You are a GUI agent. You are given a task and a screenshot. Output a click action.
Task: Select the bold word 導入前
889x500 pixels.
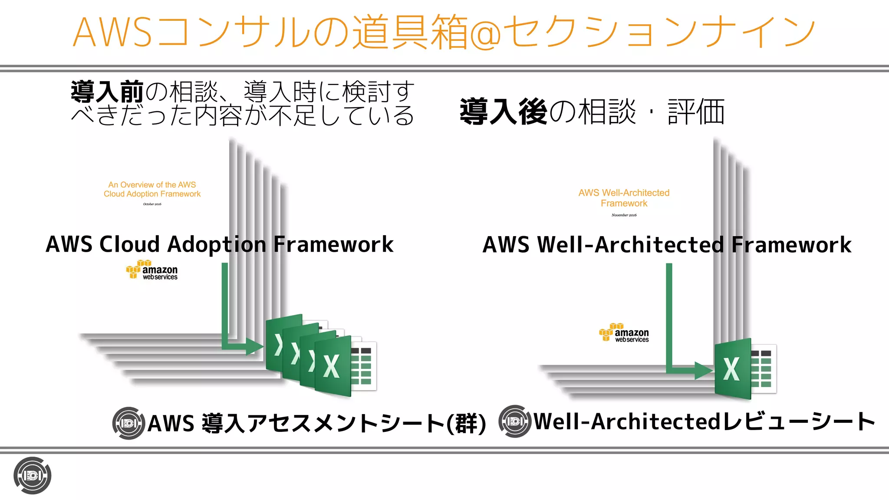pos(107,92)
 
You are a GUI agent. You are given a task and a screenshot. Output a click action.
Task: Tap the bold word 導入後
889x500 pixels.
pos(503,112)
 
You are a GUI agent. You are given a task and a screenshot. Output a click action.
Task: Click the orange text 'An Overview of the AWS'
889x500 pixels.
pos(152,185)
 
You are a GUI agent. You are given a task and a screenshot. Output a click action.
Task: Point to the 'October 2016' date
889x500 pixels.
pos(152,204)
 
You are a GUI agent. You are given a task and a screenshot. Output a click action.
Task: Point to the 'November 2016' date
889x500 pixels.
pos(624,215)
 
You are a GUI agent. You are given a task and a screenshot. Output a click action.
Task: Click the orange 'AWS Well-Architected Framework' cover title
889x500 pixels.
pos(624,198)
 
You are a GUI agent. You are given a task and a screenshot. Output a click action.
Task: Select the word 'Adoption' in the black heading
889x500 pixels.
pos(217,244)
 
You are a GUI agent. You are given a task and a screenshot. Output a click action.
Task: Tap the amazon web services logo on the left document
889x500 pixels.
pos(152,270)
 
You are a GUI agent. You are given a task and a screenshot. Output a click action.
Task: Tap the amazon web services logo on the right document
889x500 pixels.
pos(624,333)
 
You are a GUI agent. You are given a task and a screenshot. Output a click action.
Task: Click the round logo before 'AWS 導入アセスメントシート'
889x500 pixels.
pos(128,423)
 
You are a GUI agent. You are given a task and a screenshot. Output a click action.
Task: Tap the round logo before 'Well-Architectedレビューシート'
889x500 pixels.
pos(515,421)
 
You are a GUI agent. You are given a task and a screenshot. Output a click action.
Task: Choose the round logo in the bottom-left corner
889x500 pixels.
pos(33,476)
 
